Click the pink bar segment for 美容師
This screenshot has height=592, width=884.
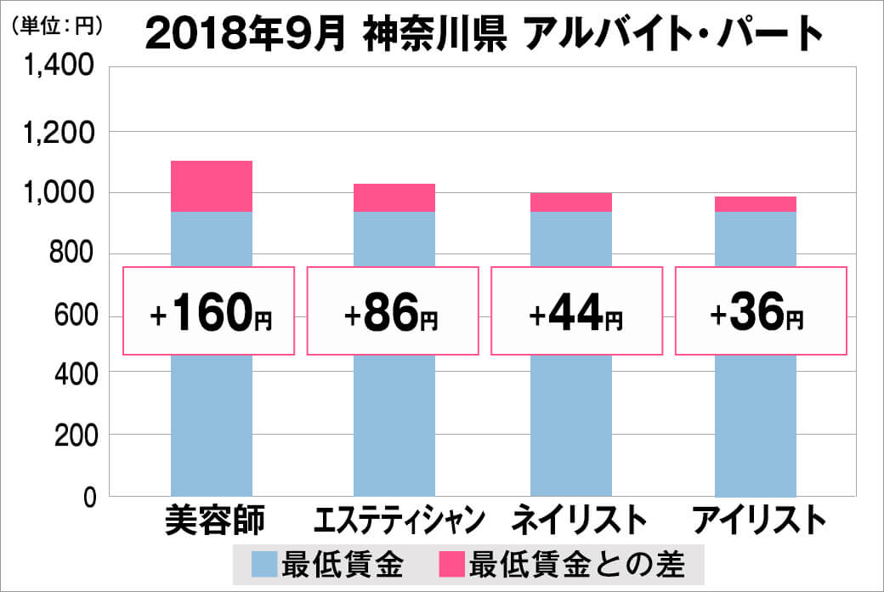pyautogui.click(x=212, y=186)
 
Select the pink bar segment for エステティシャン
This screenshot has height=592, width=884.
pyautogui.click(x=394, y=197)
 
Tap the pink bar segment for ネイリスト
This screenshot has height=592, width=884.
pyautogui.click(x=570, y=202)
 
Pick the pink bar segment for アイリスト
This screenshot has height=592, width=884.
pyautogui.click(x=756, y=204)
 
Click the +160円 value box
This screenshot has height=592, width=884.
pyautogui.click(x=209, y=310)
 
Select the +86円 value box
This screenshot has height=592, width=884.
pyautogui.click(x=392, y=310)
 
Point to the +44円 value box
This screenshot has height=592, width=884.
pyautogui.click(x=576, y=310)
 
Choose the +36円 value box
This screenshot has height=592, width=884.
pyautogui.click(x=761, y=310)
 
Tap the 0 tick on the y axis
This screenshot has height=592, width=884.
pyautogui.click(x=88, y=497)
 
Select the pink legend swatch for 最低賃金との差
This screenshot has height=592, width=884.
pyautogui.click(x=451, y=563)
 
